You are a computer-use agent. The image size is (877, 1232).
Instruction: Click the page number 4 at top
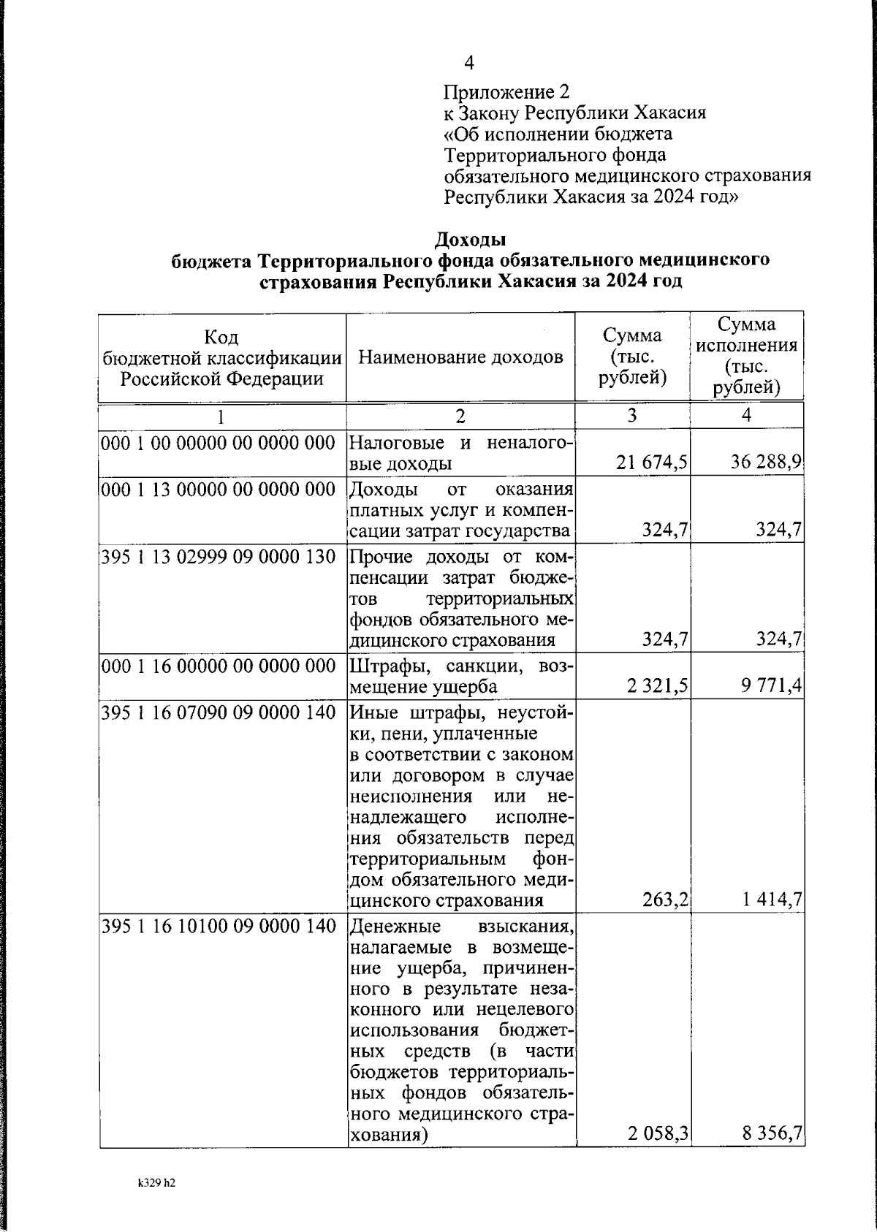pyautogui.click(x=469, y=64)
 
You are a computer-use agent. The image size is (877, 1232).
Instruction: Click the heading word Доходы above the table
pyautogui.click(x=470, y=240)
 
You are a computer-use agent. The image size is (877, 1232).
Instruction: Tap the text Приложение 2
pyautogui.click(x=506, y=92)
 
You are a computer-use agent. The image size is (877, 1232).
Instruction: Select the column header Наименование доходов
pyautogui.click(x=460, y=357)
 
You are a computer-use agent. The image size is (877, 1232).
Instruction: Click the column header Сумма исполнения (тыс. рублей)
pyautogui.click(x=746, y=356)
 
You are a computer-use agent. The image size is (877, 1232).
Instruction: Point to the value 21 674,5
pyautogui.click(x=652, y=463)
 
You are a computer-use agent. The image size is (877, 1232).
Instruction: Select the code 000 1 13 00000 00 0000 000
pyautogui.click(x=218, y=489)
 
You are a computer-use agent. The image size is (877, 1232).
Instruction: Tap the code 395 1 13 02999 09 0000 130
pyautogui.click(x=218, y=558)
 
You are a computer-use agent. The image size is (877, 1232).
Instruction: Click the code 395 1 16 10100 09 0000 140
pyautogui.click(x=218, y=927)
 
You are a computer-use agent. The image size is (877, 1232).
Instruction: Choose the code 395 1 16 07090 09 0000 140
pyautogui.click(x=218, y=712)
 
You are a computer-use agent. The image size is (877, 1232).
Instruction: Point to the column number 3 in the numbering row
pyautogui.click(x=631, y=415)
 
